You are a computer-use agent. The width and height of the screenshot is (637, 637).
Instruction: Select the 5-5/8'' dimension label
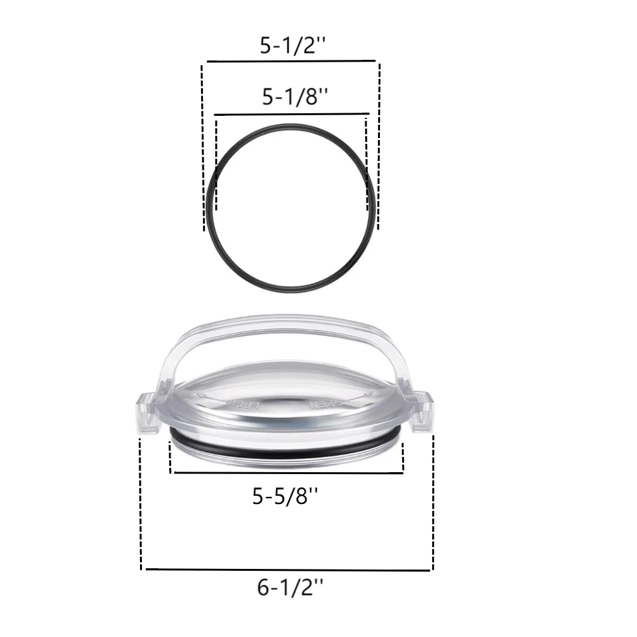pyautogui.click(x=286, y=495)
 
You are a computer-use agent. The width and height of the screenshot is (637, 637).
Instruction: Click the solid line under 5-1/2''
pyautogui.click(x=290, y=62)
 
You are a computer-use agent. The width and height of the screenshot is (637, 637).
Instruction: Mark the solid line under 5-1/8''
pyautogui.click(x=291, y=115)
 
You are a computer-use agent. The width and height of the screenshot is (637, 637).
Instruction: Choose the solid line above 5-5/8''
pyautogui.click(x=286, y=473)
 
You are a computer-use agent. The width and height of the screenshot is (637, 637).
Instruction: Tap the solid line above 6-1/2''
pyautogui.click(x=289, y=569)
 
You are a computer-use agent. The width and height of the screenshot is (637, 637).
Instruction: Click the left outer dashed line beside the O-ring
pyautogui.click(x=203, y=146)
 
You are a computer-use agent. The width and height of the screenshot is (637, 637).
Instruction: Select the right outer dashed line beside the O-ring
pyautogui.click(x=379, y=146)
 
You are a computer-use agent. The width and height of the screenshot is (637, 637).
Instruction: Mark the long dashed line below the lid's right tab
pyautogui.click(x=433, y=503)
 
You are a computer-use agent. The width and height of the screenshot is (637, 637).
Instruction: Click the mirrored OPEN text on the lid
pyautogui.click(x=324, y=404)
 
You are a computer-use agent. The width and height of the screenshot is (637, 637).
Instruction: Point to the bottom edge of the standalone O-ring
pyautogui.click(x=291, y=291)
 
